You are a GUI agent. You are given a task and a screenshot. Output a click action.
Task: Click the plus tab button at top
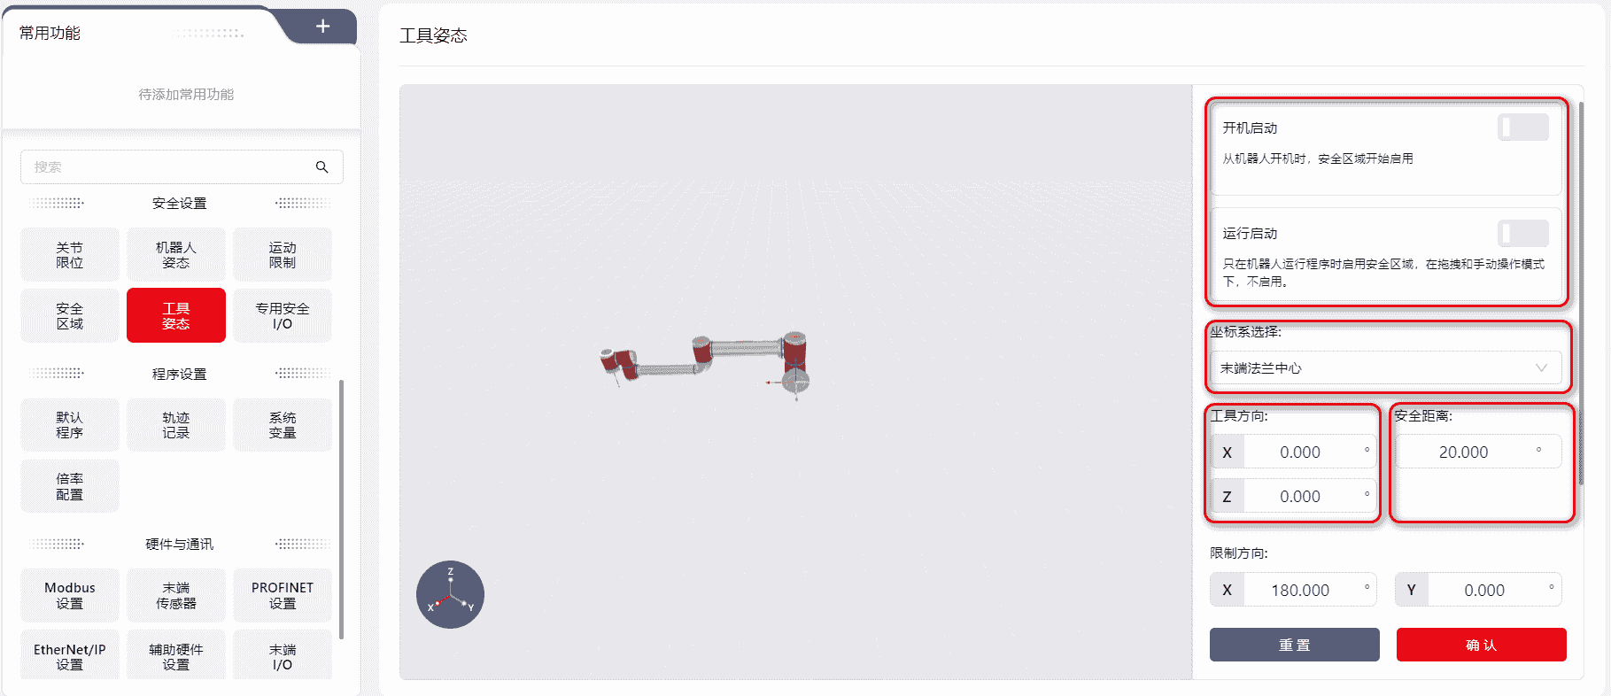click(323, 27)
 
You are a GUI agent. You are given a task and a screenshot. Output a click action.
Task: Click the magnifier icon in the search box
click(322, 166)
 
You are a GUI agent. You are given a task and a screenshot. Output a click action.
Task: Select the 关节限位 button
click(70, 255)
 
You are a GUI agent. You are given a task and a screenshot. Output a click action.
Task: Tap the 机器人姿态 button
click(176, 255)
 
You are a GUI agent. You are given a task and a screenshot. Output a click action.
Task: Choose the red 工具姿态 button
click(176, 315)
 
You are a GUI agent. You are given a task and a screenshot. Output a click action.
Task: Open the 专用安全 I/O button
click(283, 315)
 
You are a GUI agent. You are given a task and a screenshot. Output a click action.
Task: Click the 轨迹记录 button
click(176, 425)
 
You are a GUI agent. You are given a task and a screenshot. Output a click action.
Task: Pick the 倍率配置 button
click(70, 486)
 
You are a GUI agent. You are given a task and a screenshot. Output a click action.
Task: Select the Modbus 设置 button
click(70, 595)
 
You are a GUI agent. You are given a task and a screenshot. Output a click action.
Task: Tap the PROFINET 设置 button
click(283, 595)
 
